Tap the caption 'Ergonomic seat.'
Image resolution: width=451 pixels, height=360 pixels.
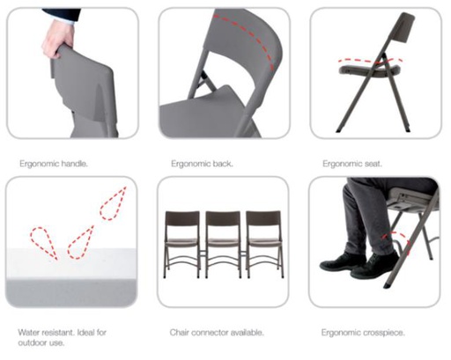click(x=351, y=164)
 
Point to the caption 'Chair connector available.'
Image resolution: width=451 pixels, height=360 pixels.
click(x=216, y=333)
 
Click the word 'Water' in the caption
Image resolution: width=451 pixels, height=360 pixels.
click(x=27, y=333)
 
